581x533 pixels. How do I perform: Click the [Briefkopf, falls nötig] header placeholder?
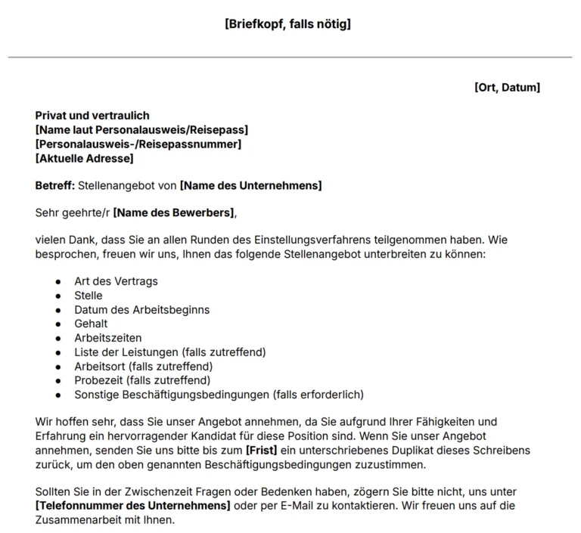(287, 24)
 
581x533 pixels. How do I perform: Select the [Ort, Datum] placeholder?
(507, 88)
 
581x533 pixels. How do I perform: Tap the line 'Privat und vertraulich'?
(92, 116)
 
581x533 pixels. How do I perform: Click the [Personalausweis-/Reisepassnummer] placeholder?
(138, 144)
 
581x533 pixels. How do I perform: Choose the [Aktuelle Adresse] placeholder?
(84, 159)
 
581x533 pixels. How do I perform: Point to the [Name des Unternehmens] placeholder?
(250, 186)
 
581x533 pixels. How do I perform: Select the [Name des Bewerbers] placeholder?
(174, 213)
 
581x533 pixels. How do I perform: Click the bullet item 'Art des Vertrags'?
(116, 281)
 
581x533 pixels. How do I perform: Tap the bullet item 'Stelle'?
(88, 296)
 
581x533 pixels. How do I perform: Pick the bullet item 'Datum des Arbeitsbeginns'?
(141, 310)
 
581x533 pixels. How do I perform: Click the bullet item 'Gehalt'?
(91, 324)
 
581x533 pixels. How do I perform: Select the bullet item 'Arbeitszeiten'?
(107, 338)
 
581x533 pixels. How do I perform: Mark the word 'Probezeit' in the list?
(98, 380)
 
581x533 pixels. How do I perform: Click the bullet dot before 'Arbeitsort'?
(58, 367)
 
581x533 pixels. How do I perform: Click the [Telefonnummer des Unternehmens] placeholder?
(132, 505)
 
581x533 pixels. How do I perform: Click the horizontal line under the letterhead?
(290, 57)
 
